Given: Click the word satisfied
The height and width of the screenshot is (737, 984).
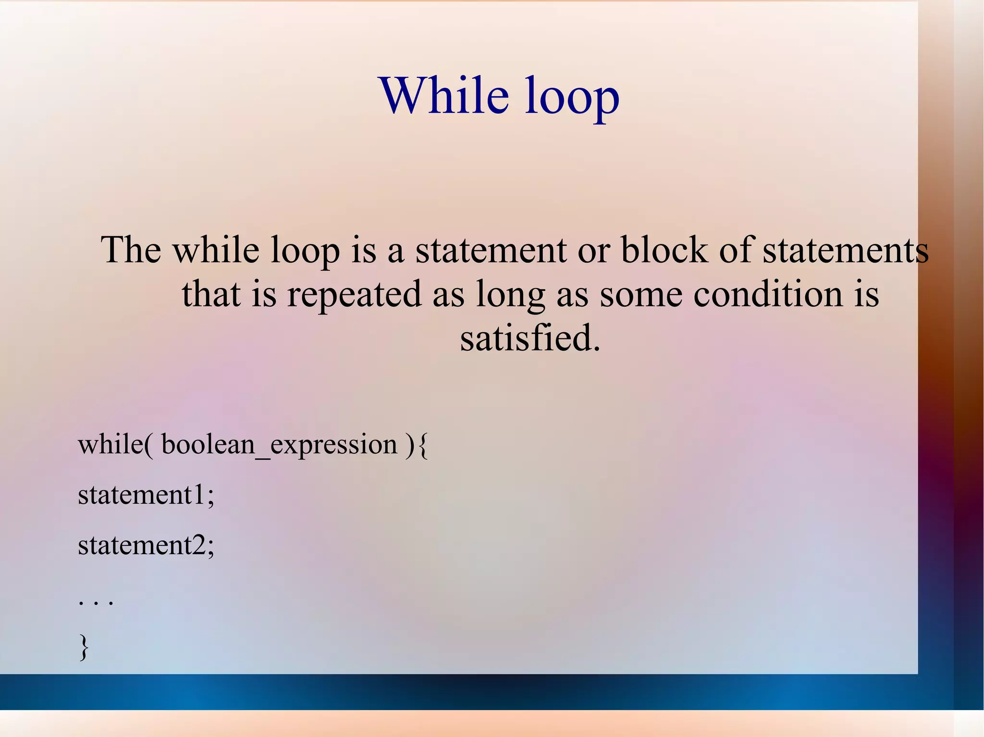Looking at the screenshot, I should [530, 338].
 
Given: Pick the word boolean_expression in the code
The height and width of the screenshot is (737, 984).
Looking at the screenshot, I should [279, 445].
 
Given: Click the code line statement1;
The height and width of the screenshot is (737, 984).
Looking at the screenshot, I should [146, 495].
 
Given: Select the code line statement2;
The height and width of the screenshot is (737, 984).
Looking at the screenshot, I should [146, 545].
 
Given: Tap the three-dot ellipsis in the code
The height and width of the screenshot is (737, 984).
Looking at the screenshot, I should [96, 602].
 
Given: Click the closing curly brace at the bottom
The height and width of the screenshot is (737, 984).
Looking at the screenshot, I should [84, 647].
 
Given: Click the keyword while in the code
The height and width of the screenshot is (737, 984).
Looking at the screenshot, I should [111, 445].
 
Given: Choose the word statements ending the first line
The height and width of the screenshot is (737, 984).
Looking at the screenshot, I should [846, 250].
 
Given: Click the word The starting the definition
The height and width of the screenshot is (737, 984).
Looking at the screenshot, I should [131, 250].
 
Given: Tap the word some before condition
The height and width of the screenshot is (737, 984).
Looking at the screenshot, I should [641, 294].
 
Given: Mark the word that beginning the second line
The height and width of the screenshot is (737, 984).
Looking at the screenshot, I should [211, 294].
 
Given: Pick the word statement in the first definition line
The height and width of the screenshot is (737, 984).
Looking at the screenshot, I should [491, 250].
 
